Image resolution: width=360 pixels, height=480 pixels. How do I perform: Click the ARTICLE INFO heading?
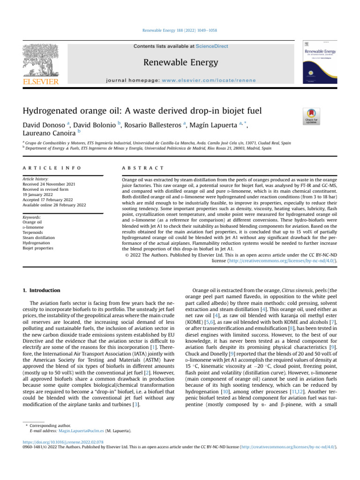click(52, 167)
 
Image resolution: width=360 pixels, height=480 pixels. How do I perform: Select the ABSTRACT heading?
click(142, 167)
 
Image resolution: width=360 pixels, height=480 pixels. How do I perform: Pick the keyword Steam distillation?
click(40, 238)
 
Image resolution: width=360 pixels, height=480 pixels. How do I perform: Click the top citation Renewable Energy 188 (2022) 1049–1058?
click(180, 30)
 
